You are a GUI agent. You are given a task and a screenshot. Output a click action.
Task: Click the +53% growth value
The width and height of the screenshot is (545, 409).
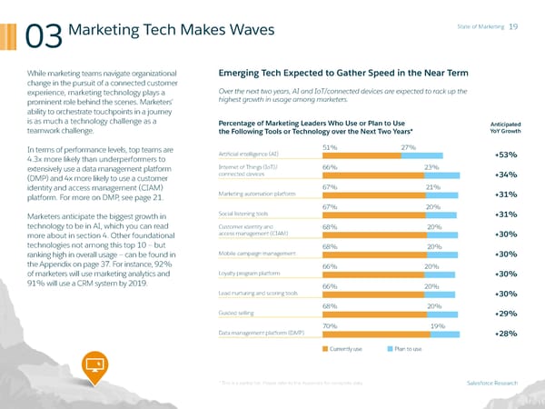click(x=507, y=155)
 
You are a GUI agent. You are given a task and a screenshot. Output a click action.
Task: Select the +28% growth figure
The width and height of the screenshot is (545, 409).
click(x=507, y=334)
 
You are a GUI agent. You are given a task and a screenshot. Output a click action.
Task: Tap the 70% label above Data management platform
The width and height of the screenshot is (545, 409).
click(x=330, y=325)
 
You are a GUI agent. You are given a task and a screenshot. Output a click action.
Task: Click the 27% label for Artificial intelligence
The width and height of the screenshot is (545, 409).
click(x=408, y=147)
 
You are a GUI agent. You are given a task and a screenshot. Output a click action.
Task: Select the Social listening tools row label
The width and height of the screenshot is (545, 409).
click(x=243, y=214)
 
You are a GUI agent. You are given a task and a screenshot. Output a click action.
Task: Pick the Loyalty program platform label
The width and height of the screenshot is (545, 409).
click(x=249, y=274)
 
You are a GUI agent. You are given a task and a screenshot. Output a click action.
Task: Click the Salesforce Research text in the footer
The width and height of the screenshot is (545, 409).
click(x=491, y=383)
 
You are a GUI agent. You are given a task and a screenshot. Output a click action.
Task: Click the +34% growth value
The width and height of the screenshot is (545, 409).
click(x=507, y=175)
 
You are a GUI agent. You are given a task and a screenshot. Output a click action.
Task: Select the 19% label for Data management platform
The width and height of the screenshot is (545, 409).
click(x=437, y=325)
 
